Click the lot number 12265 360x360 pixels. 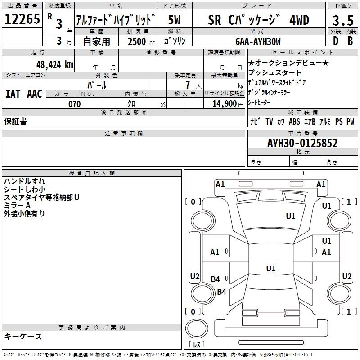[x=22, y=18]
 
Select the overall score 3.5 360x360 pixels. [x=343, y=20]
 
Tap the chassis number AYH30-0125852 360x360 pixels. [x=302, y=143]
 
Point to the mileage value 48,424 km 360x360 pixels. [x=55, y=65]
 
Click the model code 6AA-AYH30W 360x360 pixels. [x=258, y=41]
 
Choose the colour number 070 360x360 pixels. [x=75, y=104]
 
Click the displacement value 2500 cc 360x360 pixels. [x=141, y=41]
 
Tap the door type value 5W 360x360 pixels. [x=174, y=20]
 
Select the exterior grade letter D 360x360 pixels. [x=336, y=41]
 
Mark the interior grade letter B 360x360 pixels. [x=350, y=41]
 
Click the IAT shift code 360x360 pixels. [x=13, y=94]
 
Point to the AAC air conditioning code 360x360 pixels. [x=35, y=94]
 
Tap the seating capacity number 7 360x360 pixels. [x=188, y=85]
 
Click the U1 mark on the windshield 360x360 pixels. [x=291, y=216]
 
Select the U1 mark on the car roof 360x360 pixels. [x=271, y=268]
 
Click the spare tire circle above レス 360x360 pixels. [x=197, y=328]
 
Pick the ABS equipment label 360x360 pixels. [x=294, y=121]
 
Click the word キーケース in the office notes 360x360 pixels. [x=23, y=336]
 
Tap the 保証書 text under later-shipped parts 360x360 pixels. [x=15, y=121]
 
